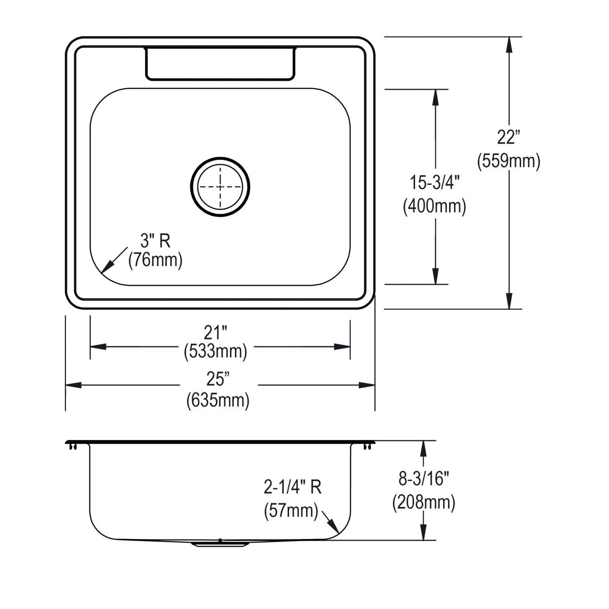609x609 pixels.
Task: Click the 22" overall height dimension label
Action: point(509,137)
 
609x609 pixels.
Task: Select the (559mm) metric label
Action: point(509,161)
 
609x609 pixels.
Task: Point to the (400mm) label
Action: point(434,207)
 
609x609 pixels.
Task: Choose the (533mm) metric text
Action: point(216,351)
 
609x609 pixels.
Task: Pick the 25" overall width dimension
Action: point(218,379)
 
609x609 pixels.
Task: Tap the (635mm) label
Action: point(218,401)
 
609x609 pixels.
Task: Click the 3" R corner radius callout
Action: point(155,241)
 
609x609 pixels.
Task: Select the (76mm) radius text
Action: point(155,260)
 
